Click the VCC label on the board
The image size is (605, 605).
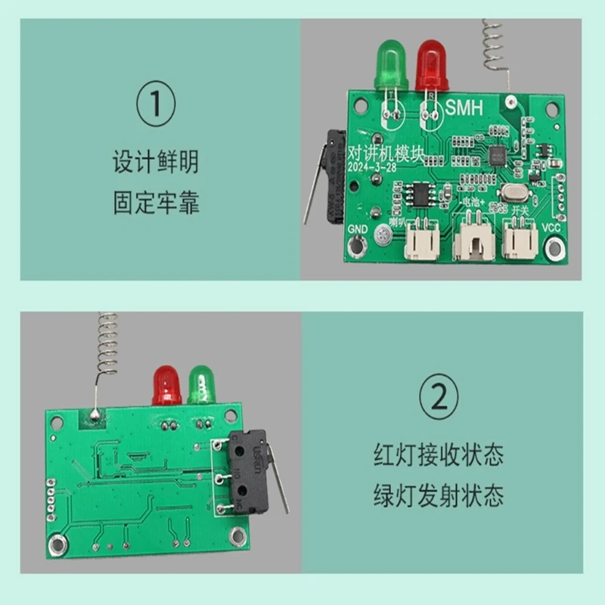tap(553, 228)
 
